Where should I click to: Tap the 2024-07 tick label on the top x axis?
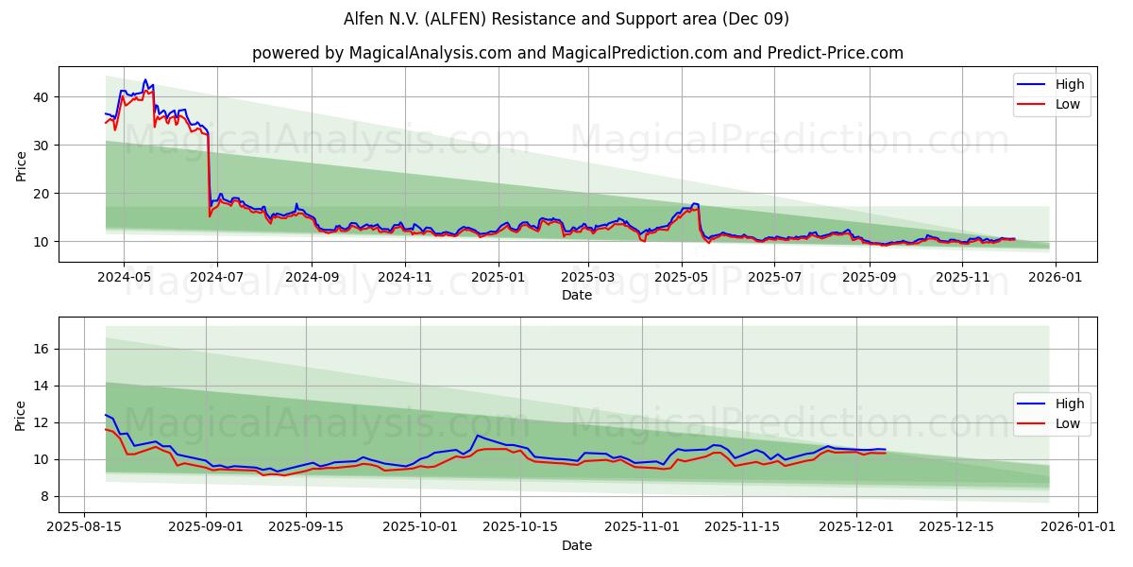click(217, 277)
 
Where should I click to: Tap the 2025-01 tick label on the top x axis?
click(498, 277)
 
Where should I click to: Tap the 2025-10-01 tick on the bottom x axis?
click(421, 527)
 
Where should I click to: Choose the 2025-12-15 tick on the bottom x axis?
click(956, 527)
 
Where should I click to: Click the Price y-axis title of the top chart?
click(21, 164)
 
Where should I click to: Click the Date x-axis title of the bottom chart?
click(577, 545)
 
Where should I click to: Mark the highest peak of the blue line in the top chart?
click(145, 80)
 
